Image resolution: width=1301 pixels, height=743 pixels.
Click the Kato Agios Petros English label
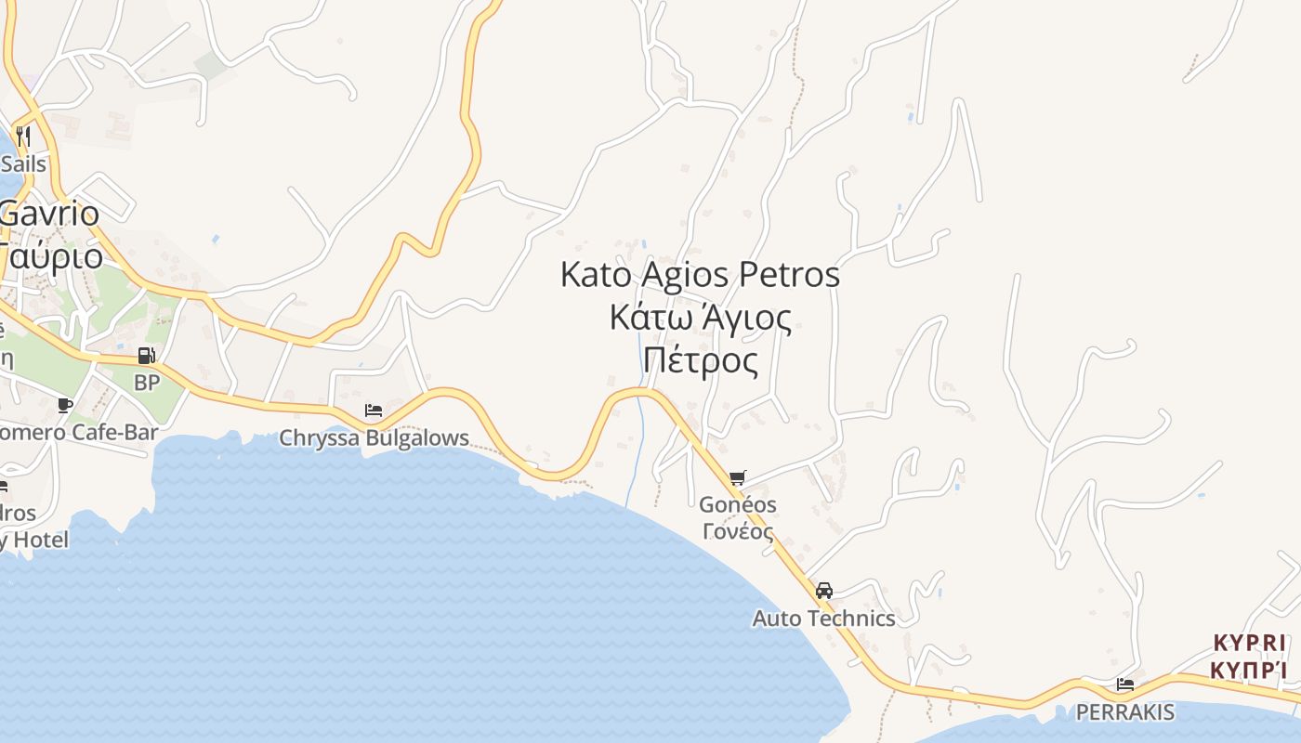[x=700, y=275]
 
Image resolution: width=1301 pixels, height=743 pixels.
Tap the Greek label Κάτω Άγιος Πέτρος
[x=701, y=339]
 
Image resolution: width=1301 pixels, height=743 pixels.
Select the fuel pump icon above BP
[x=146, y=355]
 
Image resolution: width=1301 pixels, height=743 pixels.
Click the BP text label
[x=147, y=382]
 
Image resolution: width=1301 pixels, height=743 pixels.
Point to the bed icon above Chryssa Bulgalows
[x=374, y=410]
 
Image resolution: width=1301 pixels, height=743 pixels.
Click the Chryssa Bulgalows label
[x=375, y=437]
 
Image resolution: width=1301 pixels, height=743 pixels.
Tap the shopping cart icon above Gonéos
[x=738, y=478]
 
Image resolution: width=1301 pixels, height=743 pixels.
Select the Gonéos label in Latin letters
[x=738, y=505]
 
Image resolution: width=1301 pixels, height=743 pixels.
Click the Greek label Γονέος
[x=738, y=532]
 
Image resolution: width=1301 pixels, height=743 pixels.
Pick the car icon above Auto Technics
[x=823, y=591]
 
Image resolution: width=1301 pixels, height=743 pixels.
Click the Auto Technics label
[x=823, y=619]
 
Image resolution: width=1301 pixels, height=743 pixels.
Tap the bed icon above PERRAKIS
[x=1124, y=684]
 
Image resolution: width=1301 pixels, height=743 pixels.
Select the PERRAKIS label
[x=1124, y=712]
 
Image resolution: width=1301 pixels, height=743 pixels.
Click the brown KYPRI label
[x=1250, y=643]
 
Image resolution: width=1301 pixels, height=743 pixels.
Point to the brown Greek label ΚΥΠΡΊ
[x=1250, y=670]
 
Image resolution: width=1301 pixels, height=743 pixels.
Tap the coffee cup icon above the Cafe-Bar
[x=64, y=405]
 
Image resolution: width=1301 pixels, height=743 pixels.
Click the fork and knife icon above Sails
[x=23, y=137]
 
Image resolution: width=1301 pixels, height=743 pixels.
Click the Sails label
[x=23, y=164]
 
